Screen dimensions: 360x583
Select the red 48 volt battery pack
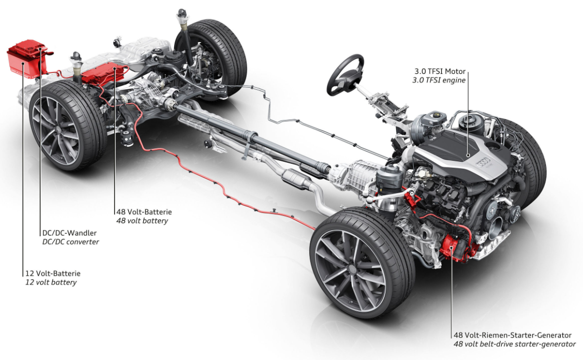tap(103, 72)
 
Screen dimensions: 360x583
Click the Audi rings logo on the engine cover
tap(483, 162)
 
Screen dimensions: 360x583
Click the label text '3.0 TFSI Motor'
tap(439, 71)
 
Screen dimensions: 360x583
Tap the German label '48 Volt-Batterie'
tap(144, 212)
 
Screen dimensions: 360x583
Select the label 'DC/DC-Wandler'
tap(69, 233)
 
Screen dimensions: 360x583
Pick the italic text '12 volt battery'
tap(51, 282)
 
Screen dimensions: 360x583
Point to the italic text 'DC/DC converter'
tap(70, 241)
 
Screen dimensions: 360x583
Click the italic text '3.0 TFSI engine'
tap(439, 80)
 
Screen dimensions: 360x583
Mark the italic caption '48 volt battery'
tap(142, 221)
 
